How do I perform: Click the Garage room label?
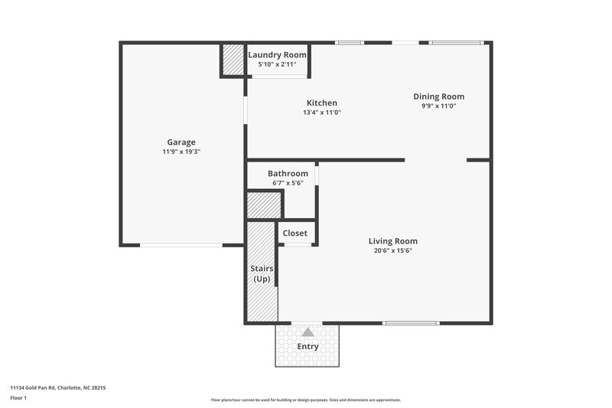(x=181, y=142)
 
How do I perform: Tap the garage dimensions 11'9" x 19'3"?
(x=181, y=152)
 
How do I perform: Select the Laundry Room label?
(x=278, y=55)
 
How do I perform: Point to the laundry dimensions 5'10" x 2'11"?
(x=278, y=64)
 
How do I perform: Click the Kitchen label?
(x=322, y=103)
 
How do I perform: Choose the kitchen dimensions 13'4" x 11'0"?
(x=322, y=113)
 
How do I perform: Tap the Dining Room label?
(x=438, y=96)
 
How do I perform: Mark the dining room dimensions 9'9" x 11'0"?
(x=438, y=106)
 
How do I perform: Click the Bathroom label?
(x=288, y=174)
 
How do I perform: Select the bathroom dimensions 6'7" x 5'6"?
(x=288, y=183)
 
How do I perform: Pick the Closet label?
(x=295, y=233)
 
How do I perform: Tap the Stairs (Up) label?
(x=262, y=273)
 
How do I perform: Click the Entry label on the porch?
(x=308, y=347)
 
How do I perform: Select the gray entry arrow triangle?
(x=308, y=332)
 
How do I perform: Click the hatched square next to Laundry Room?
(x=233, y=60)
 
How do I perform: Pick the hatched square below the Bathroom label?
(x=263, y=204)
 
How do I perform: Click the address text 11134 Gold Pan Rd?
(x=57, y=388)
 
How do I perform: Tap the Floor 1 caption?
(x=18, y=399)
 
